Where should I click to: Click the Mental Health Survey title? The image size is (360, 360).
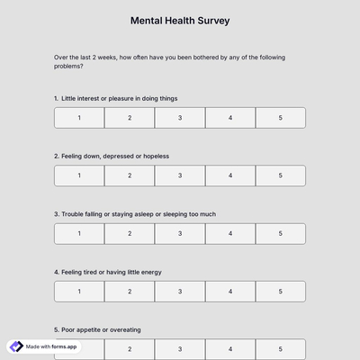click(x=180, y=19)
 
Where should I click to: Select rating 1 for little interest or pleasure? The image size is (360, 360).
click(x=79, y=118)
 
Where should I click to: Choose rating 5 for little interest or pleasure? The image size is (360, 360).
click(x=280, y=118)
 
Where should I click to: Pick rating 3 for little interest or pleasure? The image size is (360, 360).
click(x=180, y=118)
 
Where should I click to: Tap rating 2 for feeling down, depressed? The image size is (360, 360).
click(x=130, y=175)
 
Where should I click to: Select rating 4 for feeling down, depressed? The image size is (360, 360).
click(x=230, y=175)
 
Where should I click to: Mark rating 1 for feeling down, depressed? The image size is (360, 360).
click(x=79, y=175)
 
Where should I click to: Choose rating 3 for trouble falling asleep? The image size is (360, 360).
click(x=180, y=234)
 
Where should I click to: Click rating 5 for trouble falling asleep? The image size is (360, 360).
click(x=280, y=234)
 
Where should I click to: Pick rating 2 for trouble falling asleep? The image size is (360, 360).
click(x=130, y=234)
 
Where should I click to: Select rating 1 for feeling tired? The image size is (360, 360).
click(x=79, y=292)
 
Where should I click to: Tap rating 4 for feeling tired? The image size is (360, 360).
click(x=230, y=292)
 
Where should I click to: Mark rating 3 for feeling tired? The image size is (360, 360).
click(x=180, y=292)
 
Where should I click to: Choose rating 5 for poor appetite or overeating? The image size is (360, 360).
click(x=280, y=348)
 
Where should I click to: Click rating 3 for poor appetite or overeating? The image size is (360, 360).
click(x=180, y=348)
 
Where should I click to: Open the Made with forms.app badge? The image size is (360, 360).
click(x=43, y=346)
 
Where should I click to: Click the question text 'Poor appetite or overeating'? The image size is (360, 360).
click(x=101, y=329)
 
